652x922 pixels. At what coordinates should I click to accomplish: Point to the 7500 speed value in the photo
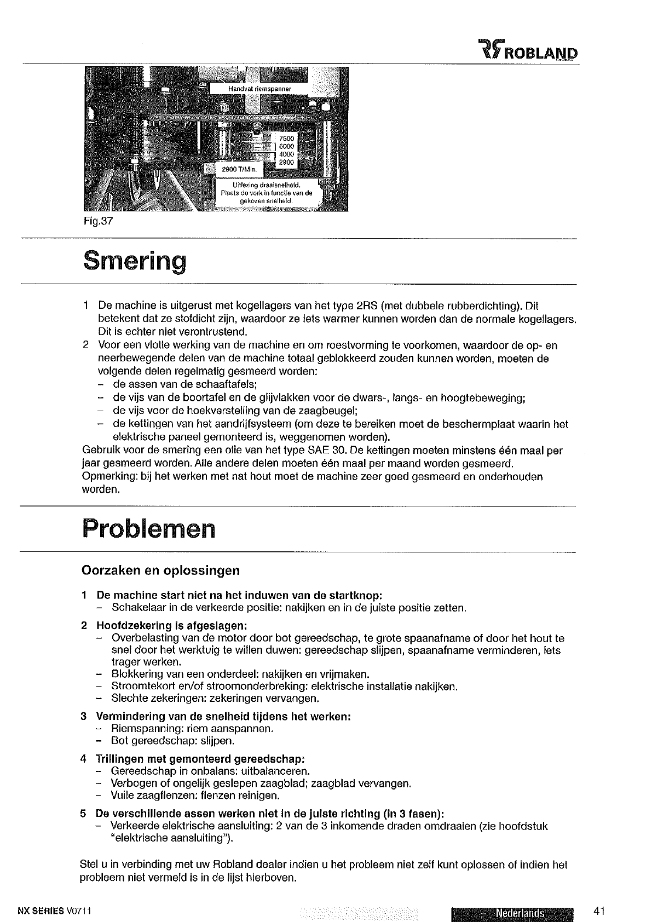coord(286,139)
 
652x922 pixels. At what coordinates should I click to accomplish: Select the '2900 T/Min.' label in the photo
coord(235,168)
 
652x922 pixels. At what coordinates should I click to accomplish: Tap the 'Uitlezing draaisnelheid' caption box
coord(266,193)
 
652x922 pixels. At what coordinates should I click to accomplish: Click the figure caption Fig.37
coord(96,223)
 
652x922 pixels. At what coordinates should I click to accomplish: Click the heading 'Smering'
coord(134,261)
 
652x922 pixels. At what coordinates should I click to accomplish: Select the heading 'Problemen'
coord(148,528)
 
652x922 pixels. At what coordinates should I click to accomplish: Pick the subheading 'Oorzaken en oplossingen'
coord(160,571)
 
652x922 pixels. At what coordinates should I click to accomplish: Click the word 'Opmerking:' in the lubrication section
coord(104,476)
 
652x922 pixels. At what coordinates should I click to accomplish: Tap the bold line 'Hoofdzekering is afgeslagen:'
coord(171,625)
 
